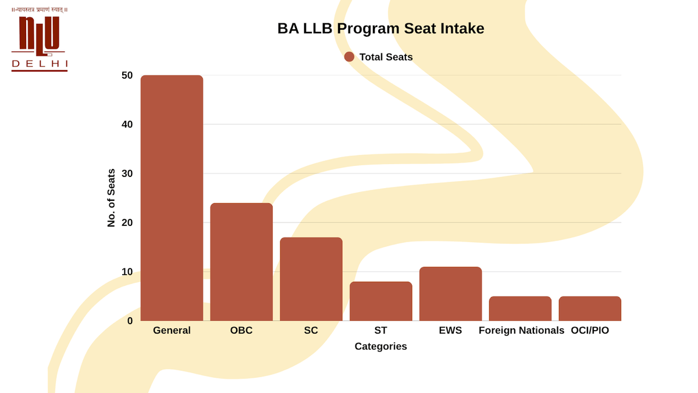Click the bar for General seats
(x=172, y=198)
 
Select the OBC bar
(x=241, y=262)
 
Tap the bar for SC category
(x=311, y=279)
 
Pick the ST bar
(x=381, y=301)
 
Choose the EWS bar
(x=451, y=293)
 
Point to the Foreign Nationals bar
(x=520, y=309)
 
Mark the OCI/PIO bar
(x=590, y=309)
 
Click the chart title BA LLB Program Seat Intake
(x=380, y=29)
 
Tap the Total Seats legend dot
(x=349, y=56)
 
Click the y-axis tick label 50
(x=127, y=75)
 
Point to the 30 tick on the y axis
(x=127, y=174)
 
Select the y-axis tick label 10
(x=127, y=272)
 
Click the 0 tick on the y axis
(x=130, y=321)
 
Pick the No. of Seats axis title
(x=112, y=198)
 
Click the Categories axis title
(x=381, y=346)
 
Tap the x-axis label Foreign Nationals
(x=521, y=330)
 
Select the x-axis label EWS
(x=451, y=330)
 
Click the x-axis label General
(x=172, y=330)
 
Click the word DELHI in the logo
(x=40, y=63)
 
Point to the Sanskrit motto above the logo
(x=40, y=10)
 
